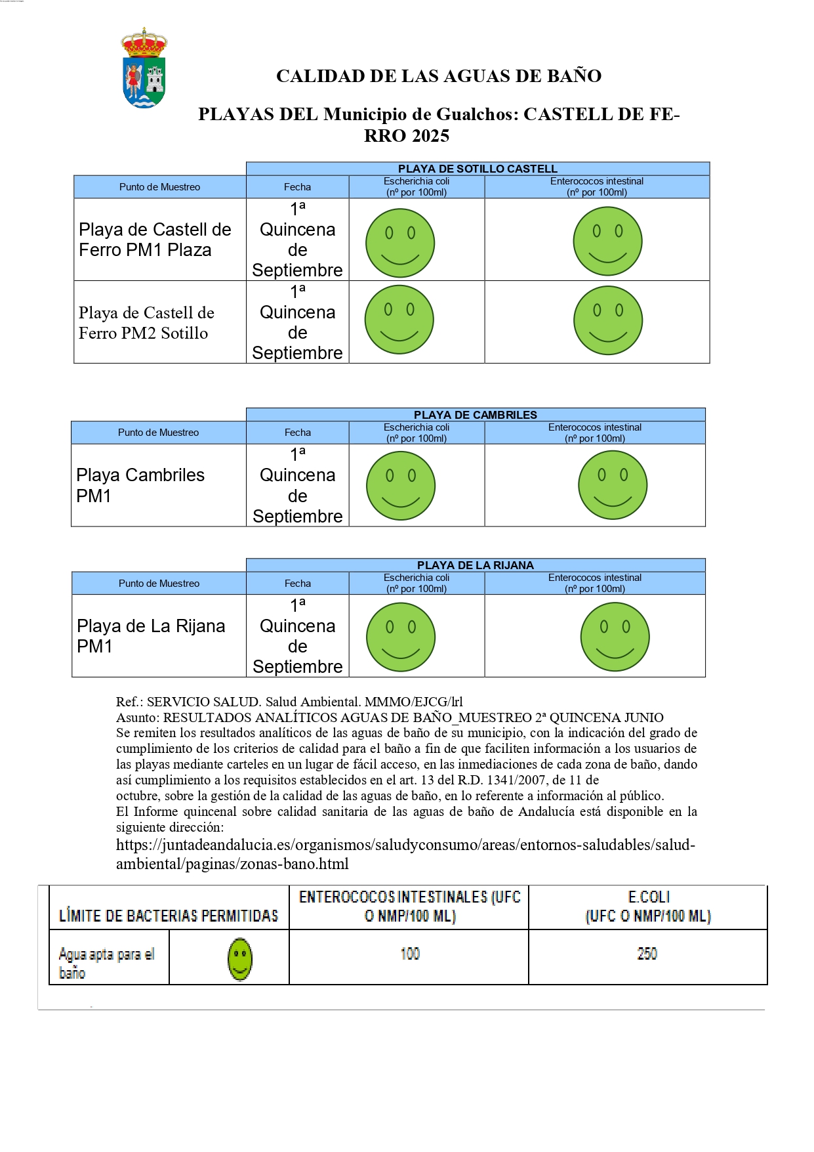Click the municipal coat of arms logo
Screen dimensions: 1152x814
144,68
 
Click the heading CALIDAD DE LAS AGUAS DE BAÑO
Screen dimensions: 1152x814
438,76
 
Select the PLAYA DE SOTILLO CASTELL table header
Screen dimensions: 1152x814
478,169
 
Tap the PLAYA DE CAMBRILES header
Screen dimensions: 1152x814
475,415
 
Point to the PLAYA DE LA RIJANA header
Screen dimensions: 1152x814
475,565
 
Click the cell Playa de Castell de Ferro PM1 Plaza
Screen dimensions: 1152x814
155,240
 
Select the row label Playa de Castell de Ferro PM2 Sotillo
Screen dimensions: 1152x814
146,322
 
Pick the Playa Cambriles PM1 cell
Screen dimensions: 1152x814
140,485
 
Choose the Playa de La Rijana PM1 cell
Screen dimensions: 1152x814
151,635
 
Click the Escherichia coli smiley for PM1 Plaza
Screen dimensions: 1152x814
400,243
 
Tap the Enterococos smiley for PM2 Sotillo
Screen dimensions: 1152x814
608,320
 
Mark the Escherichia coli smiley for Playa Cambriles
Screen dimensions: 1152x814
401,486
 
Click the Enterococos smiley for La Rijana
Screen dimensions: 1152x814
615,637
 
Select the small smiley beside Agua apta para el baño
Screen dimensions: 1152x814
240,959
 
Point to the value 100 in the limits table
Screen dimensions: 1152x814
410,954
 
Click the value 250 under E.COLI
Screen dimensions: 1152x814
647,954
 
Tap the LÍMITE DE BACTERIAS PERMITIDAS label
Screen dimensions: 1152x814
169,916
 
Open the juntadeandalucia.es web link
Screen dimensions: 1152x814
405,854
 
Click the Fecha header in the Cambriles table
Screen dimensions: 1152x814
298,433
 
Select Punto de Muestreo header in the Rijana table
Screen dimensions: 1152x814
159,584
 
